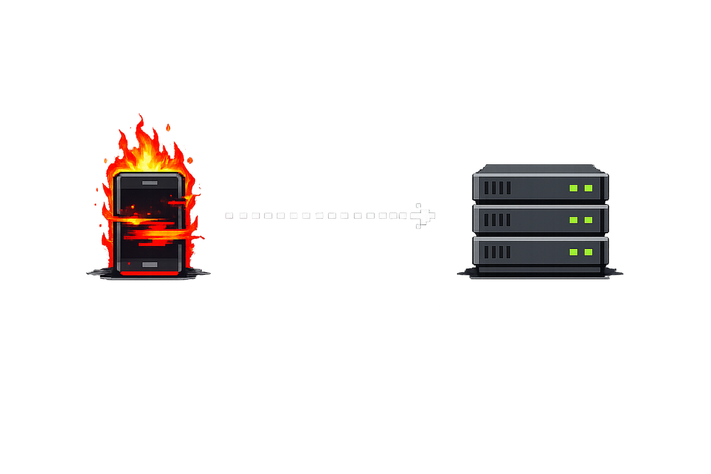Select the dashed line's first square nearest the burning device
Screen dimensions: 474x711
pos(229,215)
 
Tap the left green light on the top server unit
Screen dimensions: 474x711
pos(573,188)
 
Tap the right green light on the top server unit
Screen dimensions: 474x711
pos(588,188)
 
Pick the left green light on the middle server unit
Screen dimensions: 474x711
pos(573,220)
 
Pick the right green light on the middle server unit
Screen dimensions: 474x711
pos(588,220)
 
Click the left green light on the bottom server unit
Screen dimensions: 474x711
pos(573,252)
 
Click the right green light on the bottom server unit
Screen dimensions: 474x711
pos(588,252)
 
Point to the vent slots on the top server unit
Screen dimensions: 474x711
pos(497,188)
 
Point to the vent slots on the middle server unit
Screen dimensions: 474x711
pos(497,220)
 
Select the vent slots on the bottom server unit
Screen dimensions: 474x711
pos(497,252)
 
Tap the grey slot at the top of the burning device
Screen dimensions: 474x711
pos(149,183)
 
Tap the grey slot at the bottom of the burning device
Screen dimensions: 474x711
pos(149,265)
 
